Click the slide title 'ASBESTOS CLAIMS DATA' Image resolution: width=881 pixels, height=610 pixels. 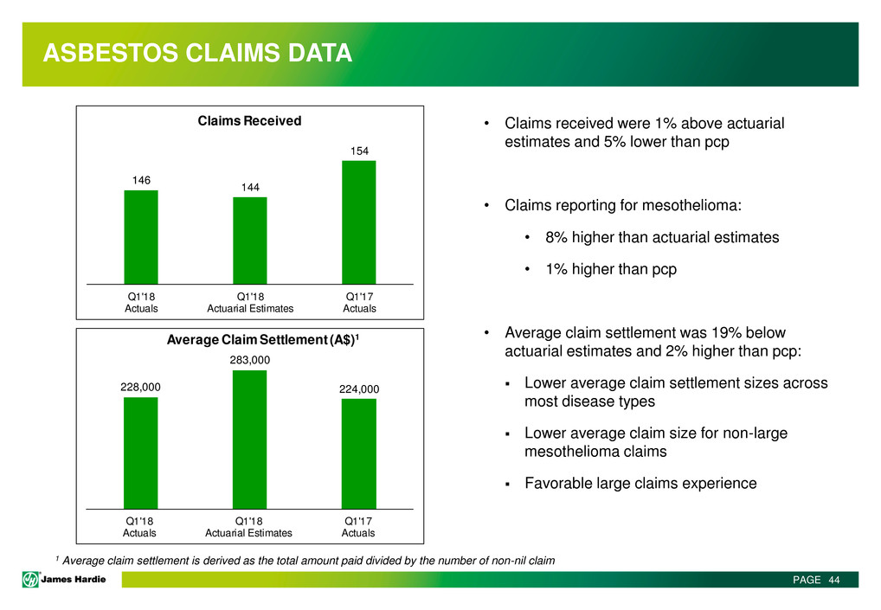pos(197,53)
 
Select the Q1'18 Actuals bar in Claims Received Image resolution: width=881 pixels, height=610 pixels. pos(141,237)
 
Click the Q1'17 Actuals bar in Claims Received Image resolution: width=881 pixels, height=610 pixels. pos(359,222)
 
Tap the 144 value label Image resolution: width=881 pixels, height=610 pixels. pos(250,187)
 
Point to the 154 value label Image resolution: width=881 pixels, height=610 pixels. pos(360,151)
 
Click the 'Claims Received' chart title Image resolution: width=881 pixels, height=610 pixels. pos(249,121)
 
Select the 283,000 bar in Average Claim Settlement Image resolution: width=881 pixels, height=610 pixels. pos(249,440)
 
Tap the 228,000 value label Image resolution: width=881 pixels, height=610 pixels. pos(140,387)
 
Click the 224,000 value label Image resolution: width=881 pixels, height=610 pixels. pos(359,388)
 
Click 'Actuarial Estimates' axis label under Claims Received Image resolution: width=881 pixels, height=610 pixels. pos(250,308)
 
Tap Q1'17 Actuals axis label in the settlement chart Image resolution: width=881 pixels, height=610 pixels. pos(358,527)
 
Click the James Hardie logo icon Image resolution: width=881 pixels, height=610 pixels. pos(30,579)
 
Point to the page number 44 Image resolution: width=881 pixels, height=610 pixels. pos(833,580)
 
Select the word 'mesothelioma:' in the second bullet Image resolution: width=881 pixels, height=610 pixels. pos(691,205)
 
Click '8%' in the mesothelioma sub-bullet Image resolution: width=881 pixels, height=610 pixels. pos(556,237)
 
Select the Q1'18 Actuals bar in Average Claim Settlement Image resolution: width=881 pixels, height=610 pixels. pos(140,453)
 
